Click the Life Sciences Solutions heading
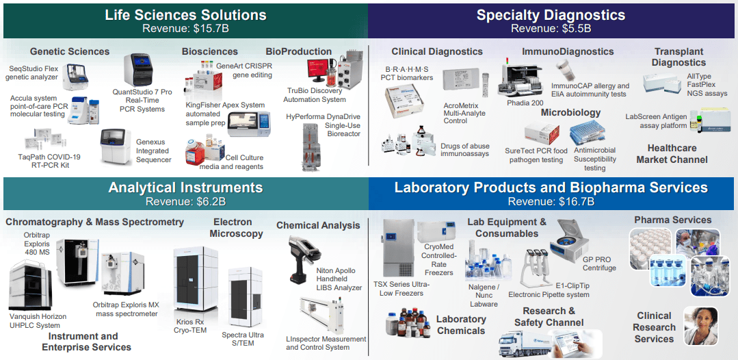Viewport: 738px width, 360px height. click(x=186, y=14)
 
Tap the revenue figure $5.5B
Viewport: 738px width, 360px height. click(x=575, y=29)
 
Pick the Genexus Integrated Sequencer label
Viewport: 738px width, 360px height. click(x=154, y=151)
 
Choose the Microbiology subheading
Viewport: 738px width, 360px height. click(x=570, y=112)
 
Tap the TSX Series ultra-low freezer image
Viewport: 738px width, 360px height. click(x=397, y=247)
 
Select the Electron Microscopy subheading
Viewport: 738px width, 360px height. click(x=236, y=228)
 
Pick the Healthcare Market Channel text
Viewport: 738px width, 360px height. click(x=672, y=153)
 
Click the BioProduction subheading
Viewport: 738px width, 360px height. click(x=298, y=51)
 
